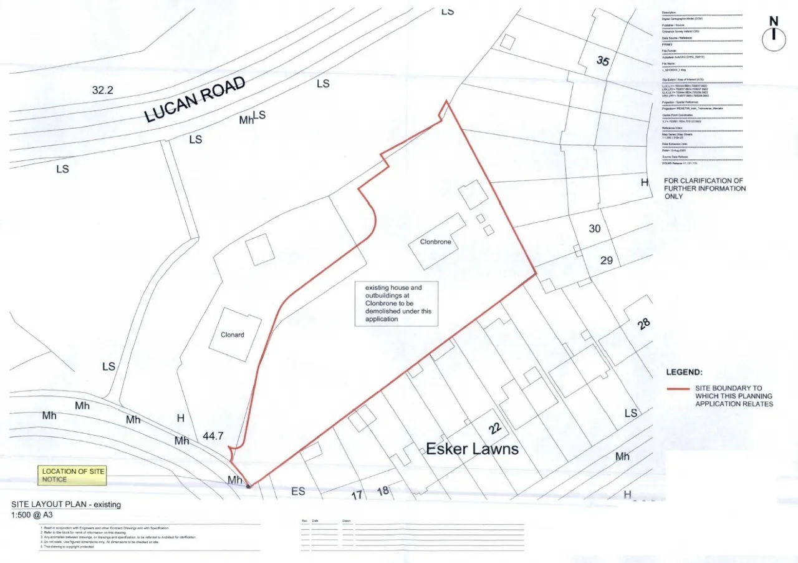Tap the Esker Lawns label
(x=472, y=449)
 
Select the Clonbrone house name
(x=435, y=242)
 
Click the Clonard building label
(x=233, y=335)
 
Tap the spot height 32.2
(x=103, y=91)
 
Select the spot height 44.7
(x=213, y=436)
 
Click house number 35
(x=602, y=61)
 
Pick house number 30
(x=595, y=228)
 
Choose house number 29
(x=607, y=260)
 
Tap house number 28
(x=644, y=323)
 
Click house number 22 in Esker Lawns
(x=495, y=428)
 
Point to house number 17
(x=357, y=496)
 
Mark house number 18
(x=383, y=491)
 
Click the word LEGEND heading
(x=684, y=372)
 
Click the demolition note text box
(x=397, y=303)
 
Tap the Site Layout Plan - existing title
(x=66, y=504)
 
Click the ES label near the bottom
(x=298, y=491)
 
